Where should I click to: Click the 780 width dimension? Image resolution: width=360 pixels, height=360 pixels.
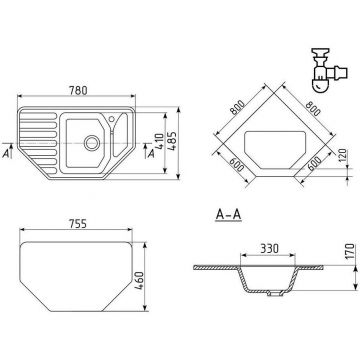tap(78, 90)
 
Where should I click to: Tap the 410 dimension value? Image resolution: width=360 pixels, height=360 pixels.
tap(160, 141)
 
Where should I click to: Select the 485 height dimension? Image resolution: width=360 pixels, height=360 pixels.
tap(172, 142)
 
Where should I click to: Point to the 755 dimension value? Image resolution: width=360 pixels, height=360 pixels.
tap(78, 224)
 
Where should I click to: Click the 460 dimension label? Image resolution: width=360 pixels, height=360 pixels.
tap(139, 281)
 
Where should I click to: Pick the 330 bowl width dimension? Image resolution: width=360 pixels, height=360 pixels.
tap(269, 248)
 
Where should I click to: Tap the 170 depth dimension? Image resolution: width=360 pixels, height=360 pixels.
tap(349, 252)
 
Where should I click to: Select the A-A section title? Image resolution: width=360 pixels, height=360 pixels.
tap(228, 215)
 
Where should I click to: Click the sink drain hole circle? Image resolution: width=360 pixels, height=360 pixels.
tap(91, 143)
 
